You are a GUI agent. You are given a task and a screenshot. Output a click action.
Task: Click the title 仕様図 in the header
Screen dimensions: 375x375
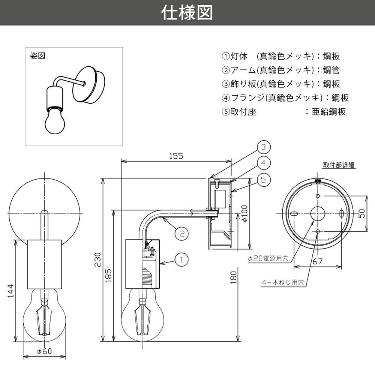[x=187, y=13]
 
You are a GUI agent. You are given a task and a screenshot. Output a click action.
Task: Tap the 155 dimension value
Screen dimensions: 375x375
[x=176, y=156]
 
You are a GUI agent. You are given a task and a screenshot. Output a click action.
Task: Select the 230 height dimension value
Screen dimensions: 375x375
[x=97, y=259]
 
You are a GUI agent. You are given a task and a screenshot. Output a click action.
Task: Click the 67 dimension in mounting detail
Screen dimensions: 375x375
[x=318, y=262]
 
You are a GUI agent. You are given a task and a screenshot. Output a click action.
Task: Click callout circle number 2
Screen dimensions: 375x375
[x=181, y=234]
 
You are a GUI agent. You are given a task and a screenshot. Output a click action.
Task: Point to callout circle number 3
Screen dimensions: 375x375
[x=264, y=147]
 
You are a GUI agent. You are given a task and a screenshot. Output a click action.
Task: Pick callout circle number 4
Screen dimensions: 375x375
[x=264, y=163]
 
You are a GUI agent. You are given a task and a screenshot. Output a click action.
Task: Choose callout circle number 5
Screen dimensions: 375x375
[x=264, y=180]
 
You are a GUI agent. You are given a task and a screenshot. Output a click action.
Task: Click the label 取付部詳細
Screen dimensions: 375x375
[x=339, y=165]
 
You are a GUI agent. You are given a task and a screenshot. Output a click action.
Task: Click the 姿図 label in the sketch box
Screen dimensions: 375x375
[x=37, y=56]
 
